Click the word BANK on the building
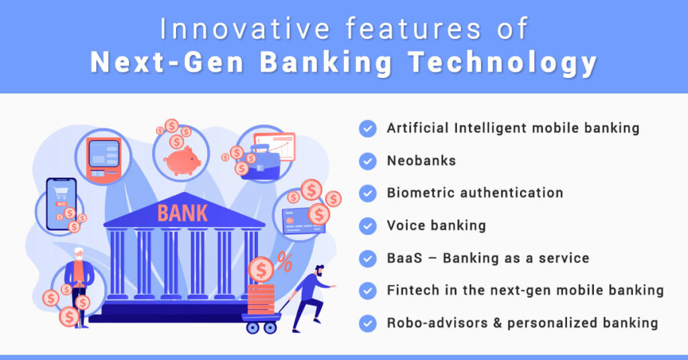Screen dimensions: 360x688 click(183, 213)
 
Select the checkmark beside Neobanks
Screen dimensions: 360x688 click(368, 161)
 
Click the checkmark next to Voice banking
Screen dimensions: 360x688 click(368, 226)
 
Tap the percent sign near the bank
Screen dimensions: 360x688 click(285, 262)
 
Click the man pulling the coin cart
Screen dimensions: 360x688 click(310, 296)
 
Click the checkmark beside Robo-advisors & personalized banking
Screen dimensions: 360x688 click(368, 323)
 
